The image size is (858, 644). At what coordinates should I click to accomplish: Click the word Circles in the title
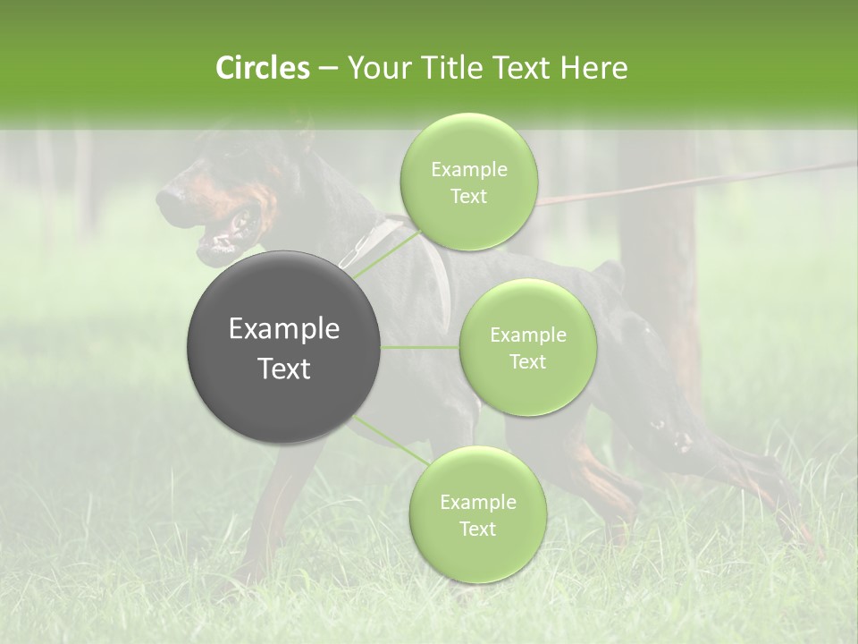pos(262,68)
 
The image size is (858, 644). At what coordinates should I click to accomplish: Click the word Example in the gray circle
pos(284,329)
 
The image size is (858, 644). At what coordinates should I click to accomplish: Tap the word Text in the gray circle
pos(284,369)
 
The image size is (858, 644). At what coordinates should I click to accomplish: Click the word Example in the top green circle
pos(469,170)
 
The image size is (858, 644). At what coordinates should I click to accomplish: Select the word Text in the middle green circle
pos(527,361)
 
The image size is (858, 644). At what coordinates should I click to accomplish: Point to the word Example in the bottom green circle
pos(478,503)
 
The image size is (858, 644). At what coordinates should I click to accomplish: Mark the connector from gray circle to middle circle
pos(420,347)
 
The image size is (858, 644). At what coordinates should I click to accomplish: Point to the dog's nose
pos(164,193)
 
